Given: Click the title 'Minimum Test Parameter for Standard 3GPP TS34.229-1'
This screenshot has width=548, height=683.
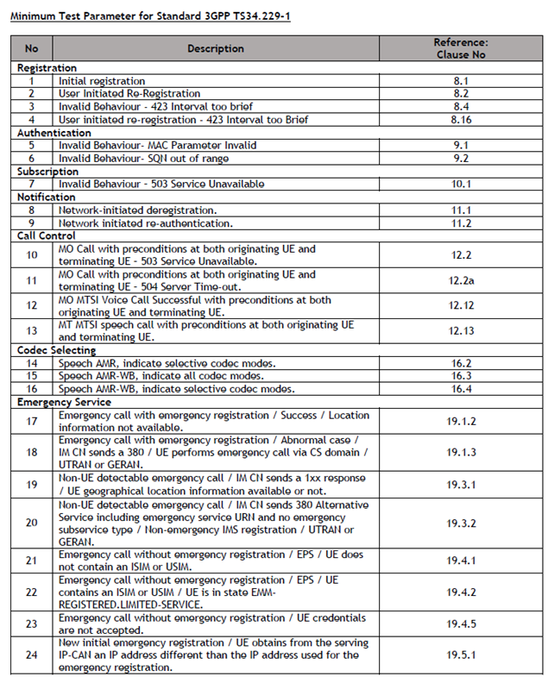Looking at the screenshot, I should pos(149,16).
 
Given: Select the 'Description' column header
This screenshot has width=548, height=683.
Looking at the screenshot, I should pos(216,48).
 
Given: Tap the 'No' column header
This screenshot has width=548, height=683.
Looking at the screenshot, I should pos(32,48).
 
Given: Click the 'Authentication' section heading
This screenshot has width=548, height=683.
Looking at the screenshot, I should pos(54,133).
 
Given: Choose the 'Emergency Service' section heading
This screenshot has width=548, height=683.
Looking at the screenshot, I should pos(65,402).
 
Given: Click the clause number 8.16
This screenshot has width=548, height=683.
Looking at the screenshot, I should pos(461,120).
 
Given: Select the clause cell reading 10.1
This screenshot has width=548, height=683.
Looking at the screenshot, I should pos(461,184).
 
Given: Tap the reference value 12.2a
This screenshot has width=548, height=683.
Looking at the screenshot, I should pos(461,280).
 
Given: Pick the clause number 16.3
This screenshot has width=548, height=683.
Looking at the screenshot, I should pos(461,376).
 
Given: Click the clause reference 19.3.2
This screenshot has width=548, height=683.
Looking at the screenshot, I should pos(461,523).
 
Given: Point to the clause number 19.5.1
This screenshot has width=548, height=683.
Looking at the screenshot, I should pos(461,655).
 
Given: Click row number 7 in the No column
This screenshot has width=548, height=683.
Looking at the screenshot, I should pos(32,184).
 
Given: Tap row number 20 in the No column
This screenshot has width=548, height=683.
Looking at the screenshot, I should pos(32,523).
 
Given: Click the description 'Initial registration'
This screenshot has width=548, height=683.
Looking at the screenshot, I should pos(102,81).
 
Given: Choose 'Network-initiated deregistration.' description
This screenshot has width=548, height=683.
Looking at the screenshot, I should pos(138,210).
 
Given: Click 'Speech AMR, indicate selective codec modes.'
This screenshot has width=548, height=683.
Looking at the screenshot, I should pos(167,363).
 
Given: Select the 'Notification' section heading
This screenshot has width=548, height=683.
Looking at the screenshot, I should pos(47,197).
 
